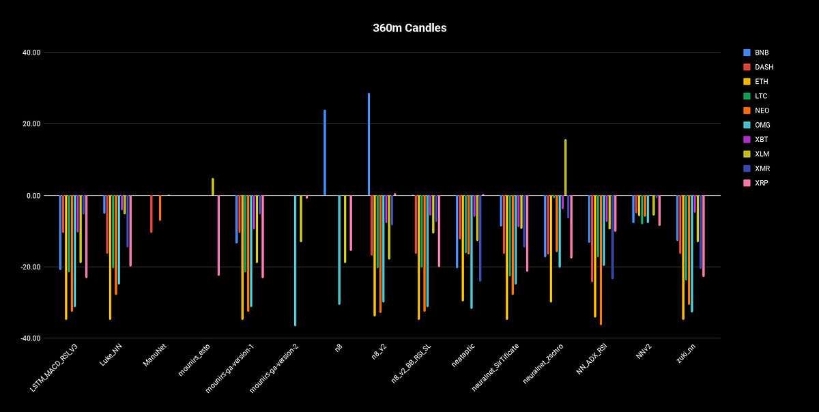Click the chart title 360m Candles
409,28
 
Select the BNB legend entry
758,53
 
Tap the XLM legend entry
758,153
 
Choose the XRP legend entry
758,183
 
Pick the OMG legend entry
758,125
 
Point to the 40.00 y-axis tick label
31,53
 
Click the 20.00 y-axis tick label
31,124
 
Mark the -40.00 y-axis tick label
31,338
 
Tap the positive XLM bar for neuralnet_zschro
565,168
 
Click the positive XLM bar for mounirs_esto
213,187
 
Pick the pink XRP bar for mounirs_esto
218,235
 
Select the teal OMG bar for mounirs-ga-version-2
295,260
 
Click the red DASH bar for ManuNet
152,214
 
